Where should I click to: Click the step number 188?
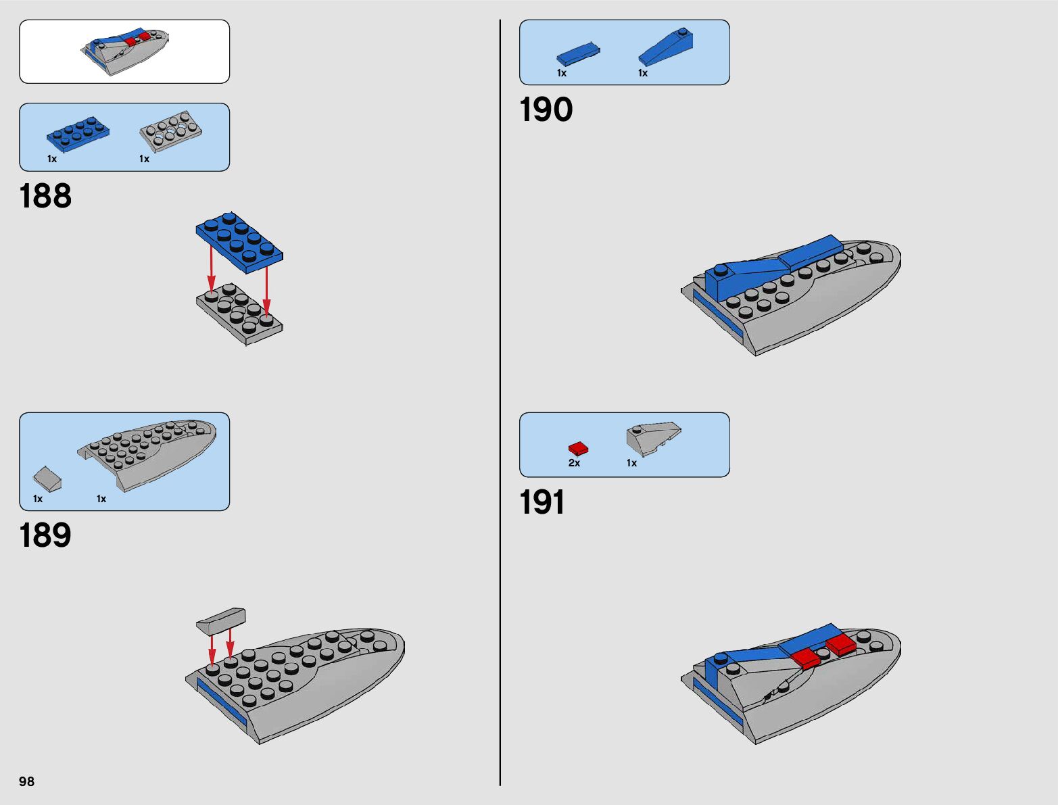click(x=45, y=197)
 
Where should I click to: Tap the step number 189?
click(x=45, y=536)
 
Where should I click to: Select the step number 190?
click(x=546, y=110)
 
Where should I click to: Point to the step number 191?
click(x=542, y=503)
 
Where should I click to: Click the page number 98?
click(x=26, y=781)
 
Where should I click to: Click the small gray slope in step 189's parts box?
click(x=47, y=479)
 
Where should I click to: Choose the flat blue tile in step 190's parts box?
click(x=578, y=53)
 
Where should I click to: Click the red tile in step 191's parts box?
click(x=578, y=448)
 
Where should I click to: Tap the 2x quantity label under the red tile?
click(x=574, y=463)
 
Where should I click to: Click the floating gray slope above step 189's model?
click(x=221, y=620)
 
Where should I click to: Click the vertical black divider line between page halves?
click(x=500, y=406)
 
